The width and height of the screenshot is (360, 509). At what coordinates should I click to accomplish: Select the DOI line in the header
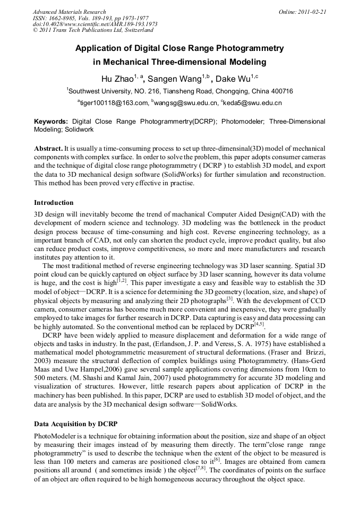coord(95,24)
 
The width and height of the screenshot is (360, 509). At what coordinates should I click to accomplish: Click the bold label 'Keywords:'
coord(51,122)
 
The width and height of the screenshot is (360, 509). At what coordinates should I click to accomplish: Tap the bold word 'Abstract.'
coord(48,148)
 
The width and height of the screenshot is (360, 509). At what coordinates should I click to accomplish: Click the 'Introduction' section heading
coord(54,203)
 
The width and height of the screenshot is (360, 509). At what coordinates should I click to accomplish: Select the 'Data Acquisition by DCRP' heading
coord(75,424)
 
